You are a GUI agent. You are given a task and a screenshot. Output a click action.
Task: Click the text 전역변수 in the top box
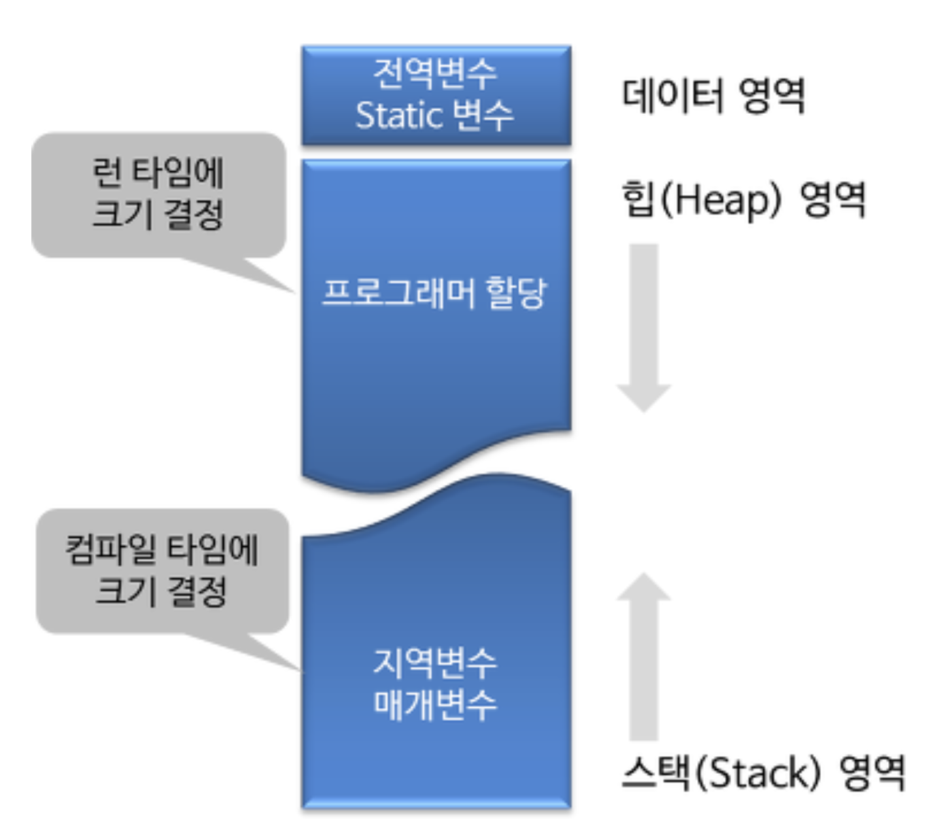(435, 73)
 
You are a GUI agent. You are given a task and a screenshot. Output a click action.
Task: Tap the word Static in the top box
(399, 116)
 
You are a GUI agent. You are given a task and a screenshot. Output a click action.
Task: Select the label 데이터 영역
(713, 96)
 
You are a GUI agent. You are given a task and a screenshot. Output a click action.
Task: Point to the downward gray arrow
(644, 327)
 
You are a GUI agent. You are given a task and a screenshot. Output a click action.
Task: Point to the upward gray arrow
(644, 654)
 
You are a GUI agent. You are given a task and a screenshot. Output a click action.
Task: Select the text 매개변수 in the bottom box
(435, 704)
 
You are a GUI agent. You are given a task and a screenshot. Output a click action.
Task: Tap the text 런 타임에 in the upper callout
(158, 173)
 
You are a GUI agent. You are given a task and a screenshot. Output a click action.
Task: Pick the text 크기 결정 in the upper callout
(158, 214)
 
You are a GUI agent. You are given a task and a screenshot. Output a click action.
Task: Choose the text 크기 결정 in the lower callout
(162, 590)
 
